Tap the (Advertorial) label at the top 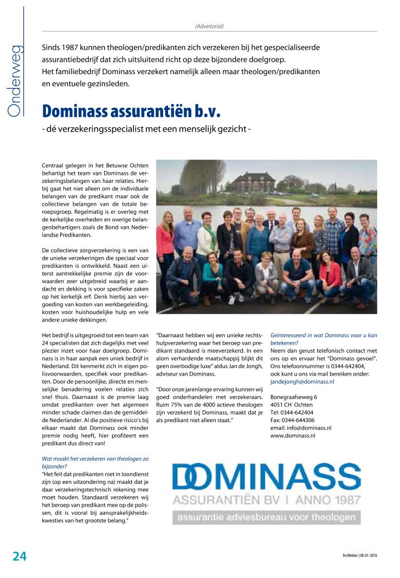coord(209,26)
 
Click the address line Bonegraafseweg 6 coord(293,397)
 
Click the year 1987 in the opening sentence coord(67,48)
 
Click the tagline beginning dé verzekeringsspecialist coord(146,129)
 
